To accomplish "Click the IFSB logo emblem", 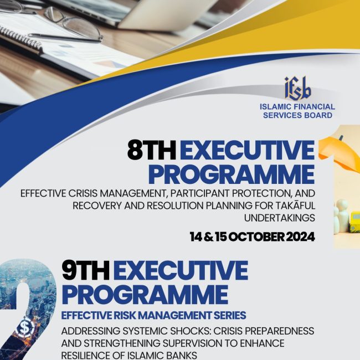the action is click(x=298, y=89).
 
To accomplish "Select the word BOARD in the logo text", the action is click(x=318, y=115).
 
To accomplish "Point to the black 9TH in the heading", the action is click(x=86, y=270).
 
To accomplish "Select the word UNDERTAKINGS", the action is click(x=279, y=218).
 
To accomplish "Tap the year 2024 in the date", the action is click(x=300, y=237).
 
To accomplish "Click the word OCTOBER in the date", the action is click(x=256, y=237).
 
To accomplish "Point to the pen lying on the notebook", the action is click(x=65, y=38).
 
